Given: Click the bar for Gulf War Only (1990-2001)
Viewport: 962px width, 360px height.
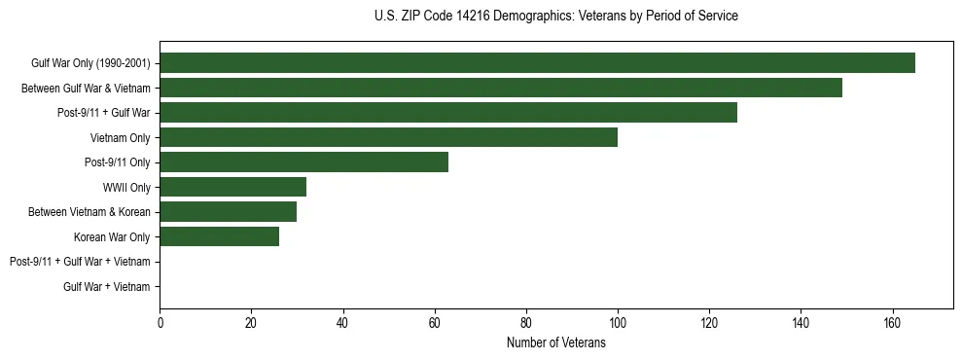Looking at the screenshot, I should click(537, 63).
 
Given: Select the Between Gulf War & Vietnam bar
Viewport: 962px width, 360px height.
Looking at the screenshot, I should click(501, 88).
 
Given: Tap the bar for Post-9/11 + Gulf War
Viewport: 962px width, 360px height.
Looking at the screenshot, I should click(448, 113).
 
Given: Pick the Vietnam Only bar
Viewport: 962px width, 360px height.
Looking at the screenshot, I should click(388, 137).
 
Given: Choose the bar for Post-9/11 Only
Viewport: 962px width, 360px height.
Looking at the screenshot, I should click(303, 162).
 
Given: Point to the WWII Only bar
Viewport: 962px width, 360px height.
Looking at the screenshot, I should click(232, 187).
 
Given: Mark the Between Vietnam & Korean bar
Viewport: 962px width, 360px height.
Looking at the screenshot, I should click(228, 212).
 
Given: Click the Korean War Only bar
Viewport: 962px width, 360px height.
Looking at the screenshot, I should click(219, 236).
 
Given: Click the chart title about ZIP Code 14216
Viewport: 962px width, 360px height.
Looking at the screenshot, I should click(555, 17).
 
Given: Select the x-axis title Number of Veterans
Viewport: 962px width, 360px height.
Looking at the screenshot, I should click(555, 342).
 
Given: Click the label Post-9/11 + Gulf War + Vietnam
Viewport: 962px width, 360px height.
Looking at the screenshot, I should click(80, 262).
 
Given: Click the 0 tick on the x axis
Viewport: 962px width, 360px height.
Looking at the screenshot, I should click(160, 324).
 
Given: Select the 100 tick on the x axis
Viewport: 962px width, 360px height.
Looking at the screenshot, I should click(617, 324).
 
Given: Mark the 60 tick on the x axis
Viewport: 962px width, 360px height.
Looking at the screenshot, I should click(434, 324).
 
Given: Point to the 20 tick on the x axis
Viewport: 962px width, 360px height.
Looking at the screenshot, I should click(251, 324).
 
